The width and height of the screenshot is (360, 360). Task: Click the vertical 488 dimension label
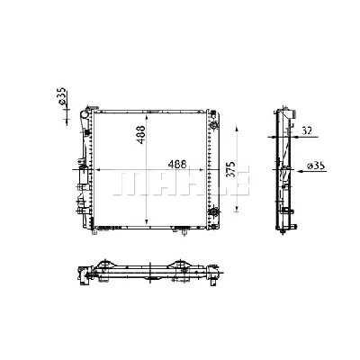coord(141,134)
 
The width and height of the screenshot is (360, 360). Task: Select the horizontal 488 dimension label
coord(177,164)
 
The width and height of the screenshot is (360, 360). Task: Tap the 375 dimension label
coord(231,170)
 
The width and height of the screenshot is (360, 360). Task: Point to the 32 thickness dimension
coord(307,130)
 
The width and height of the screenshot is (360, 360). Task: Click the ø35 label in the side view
coord(317,166)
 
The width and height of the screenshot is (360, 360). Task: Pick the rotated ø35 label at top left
coord(61,96)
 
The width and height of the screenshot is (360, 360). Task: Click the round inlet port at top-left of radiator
coord(85,114)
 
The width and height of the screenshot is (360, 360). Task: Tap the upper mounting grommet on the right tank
coord(214,125)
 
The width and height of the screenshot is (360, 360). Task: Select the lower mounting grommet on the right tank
coord(214,211)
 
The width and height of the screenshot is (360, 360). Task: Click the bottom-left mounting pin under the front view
coord(94,232)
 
